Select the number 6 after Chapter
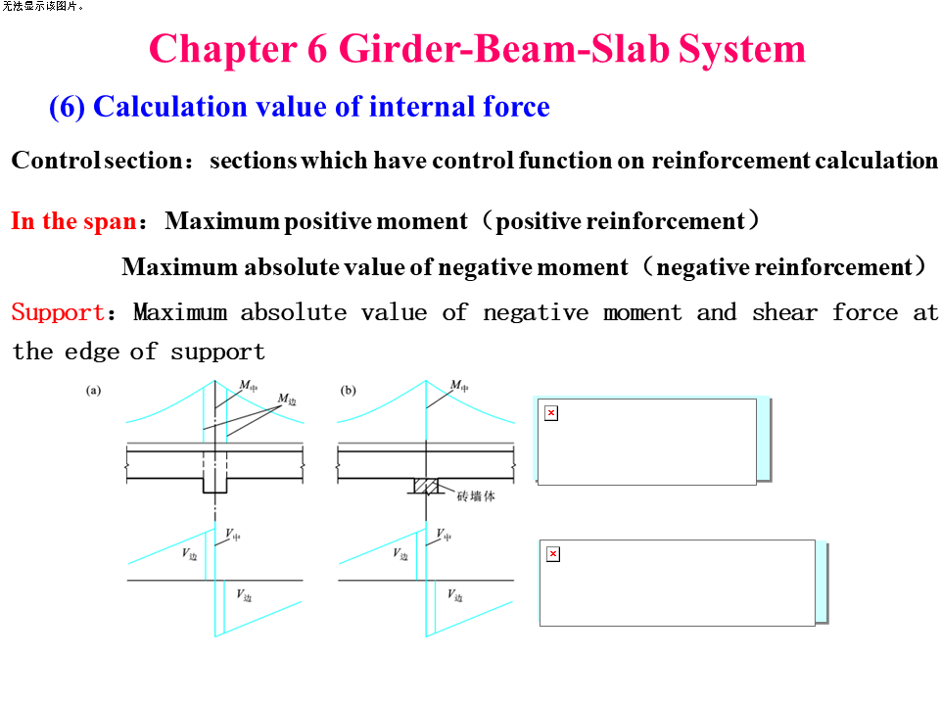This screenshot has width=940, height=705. point(318,48)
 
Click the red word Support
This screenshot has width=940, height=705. point(57,313)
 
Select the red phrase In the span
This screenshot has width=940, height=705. point(72,221)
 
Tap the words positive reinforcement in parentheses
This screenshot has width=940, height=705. point(621,221)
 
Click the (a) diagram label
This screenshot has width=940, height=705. point(93,390)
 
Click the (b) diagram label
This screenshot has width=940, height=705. point(348,390)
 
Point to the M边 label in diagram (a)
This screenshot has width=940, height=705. point(287,399)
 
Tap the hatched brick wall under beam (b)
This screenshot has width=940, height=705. point(425,486)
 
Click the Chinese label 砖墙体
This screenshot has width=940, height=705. point(476,495)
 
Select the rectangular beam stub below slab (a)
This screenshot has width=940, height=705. point(214,486)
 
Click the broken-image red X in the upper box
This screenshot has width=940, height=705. point(551,413)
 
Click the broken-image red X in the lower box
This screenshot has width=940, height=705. point(553,554)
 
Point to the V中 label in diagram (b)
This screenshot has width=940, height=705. point(445,535)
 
